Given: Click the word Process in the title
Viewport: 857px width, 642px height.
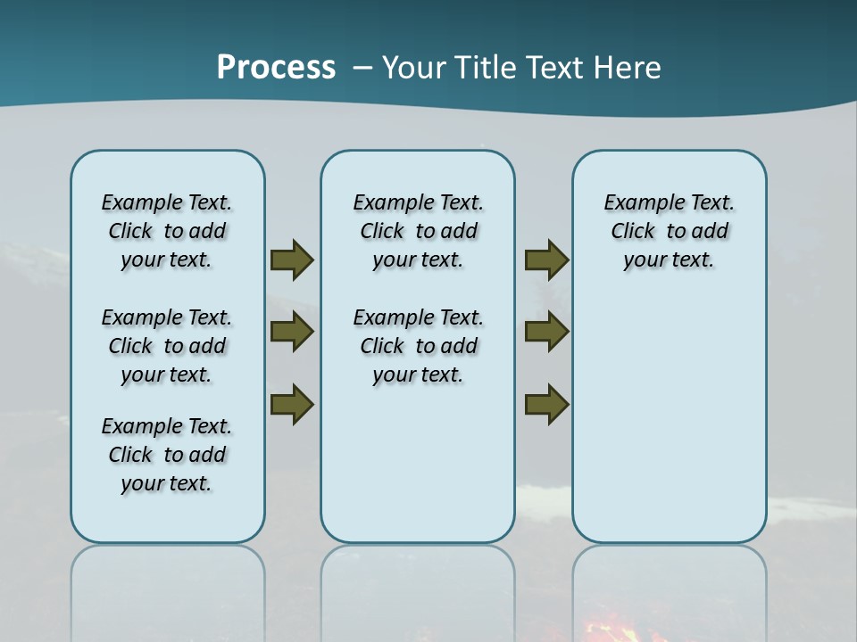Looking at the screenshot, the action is coord(276,68).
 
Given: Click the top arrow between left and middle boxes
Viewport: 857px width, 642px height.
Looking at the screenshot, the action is coord(292,259).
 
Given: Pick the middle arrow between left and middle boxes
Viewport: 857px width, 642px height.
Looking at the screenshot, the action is coord(292,332).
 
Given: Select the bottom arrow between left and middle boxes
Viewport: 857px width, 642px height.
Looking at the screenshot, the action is coord(292,403).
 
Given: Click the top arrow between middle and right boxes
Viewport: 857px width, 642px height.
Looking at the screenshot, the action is coord(546,259).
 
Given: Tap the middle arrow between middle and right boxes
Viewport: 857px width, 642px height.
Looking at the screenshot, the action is coord(546,332).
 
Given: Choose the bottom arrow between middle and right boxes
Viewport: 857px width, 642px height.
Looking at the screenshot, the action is coord(546,403).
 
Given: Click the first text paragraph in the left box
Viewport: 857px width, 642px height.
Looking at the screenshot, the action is coord(167,231).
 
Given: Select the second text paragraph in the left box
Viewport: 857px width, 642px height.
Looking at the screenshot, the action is coord(167,346).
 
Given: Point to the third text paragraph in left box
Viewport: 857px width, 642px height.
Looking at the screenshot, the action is coord(167,455).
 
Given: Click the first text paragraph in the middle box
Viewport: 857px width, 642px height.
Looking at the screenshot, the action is coord(419,231).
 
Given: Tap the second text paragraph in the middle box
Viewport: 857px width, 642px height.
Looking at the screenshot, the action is coord(419,346).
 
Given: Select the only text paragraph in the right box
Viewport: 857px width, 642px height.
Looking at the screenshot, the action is coord(670,231).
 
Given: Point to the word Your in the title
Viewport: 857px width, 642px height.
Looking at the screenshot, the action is coord(414,68).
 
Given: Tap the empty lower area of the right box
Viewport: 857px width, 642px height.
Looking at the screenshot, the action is coord(670,428).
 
